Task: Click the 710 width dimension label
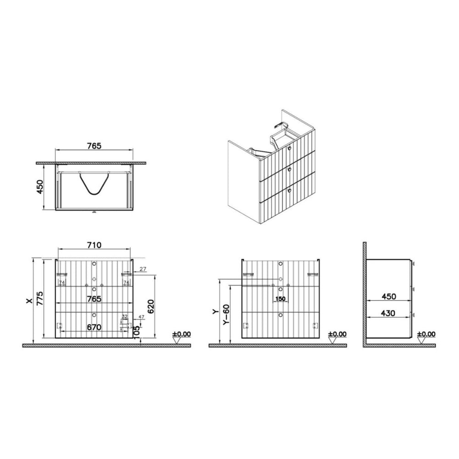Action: pos(94,245)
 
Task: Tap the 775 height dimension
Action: pos(39,298)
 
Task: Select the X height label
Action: pos(28,300)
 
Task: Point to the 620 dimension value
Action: pos(151,307)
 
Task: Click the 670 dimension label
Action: pos(94,327)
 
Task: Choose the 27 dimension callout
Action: pos(143,269)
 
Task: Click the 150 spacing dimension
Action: pos(280,299)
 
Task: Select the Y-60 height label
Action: pos(226,315)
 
